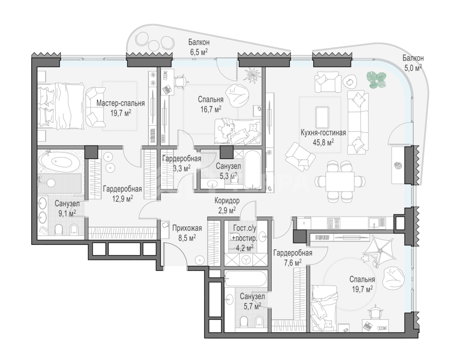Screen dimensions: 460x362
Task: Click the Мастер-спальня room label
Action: point(120,103)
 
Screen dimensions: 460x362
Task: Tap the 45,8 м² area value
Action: point(323,142)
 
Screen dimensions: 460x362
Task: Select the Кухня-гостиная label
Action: point(323,132)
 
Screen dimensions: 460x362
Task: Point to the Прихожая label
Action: point(187,228)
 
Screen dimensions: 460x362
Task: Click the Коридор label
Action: point(227,201)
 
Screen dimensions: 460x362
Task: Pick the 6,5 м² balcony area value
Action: point(199,52)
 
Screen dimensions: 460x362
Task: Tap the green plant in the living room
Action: point(376,80)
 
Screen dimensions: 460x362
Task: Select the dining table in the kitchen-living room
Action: point(340,182)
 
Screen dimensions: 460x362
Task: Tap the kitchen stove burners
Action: point(333,223)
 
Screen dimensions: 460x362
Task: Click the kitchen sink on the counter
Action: point(377,224)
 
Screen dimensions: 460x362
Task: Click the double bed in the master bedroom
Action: point(61,106)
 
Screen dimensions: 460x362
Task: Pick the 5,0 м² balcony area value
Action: point(413,68)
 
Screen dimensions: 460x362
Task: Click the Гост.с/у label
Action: point(244,228)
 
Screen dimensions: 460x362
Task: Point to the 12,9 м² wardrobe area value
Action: point(123,199)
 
